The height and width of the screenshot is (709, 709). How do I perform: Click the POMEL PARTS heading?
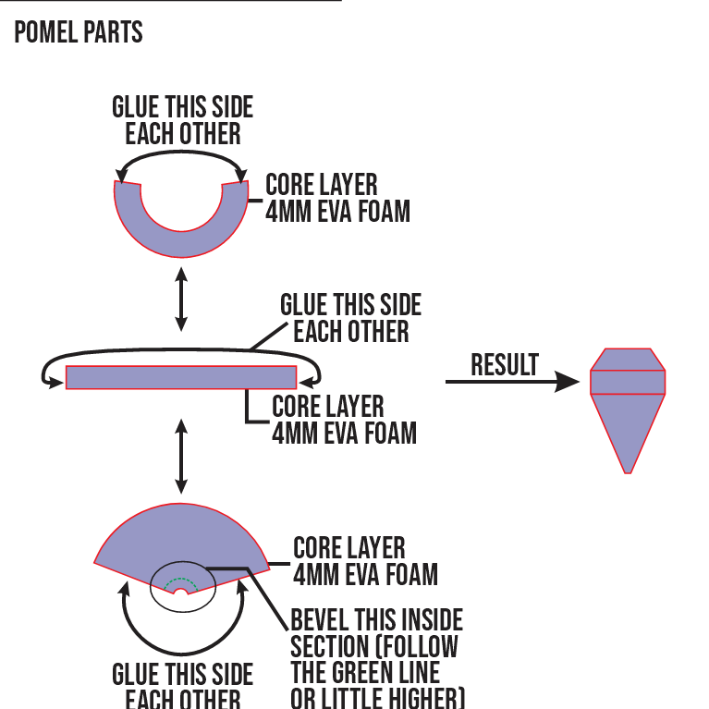tap(79, 33)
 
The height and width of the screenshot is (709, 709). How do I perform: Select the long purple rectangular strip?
tap(181, 377)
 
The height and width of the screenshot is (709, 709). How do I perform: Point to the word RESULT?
tap(504, 365)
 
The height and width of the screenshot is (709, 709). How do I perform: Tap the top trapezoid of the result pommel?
tap(628, 360)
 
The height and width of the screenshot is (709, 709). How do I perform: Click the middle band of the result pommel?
tap(628, 382)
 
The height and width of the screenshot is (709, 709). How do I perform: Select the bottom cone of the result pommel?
tap(628, 425)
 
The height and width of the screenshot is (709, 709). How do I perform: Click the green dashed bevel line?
tap(181, 581)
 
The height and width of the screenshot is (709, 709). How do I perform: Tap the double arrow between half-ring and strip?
tap(181, 298)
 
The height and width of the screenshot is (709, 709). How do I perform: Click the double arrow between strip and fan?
tap(181, 456)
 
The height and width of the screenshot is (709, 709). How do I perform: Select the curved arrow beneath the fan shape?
tap(181, 643)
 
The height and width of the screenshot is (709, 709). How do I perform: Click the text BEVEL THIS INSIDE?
tap(376, 619)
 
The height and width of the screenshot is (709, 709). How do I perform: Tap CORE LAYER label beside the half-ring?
tap(321, 184)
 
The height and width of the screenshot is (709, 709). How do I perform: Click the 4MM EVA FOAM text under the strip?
tap(344, 432)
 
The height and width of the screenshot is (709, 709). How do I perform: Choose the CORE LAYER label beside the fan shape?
tap(348, 547)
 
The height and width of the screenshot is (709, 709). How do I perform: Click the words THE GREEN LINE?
tap(365, 671)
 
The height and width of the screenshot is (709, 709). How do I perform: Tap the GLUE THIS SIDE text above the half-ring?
tap(182, 107)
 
